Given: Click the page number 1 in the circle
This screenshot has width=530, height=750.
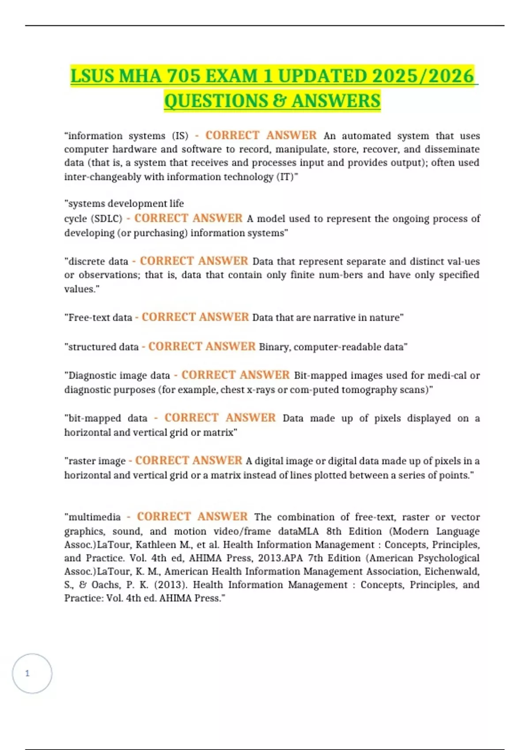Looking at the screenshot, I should click(x=27, y=673).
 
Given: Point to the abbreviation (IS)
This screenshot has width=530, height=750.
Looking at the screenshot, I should click(x=180, y=136).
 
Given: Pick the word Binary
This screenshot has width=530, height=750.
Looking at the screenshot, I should click(x=274, y=347).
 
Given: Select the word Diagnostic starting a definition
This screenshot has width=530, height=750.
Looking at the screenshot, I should click(x=89, y=375).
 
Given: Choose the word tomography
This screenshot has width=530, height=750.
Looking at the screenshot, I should click(x=367, y=390).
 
